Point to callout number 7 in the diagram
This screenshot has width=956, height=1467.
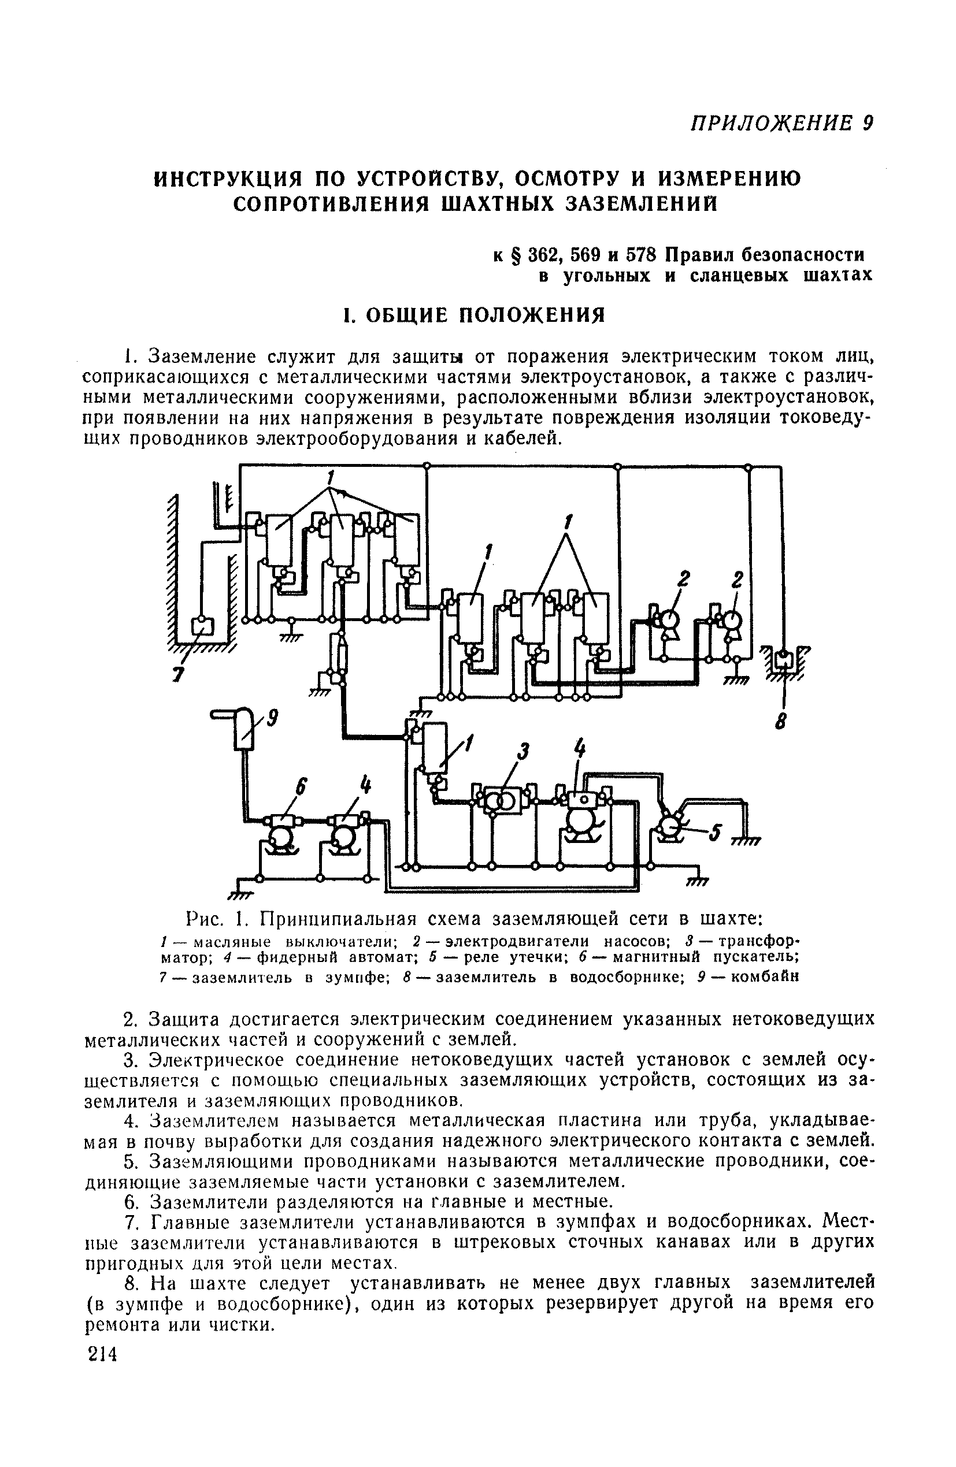pyautogui.click(x=178, y=674)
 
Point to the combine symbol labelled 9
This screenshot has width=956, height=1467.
pyautogui.click(x=244, y=729)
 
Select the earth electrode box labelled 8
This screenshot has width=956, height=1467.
pyautogui.click(x=783, y=658)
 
